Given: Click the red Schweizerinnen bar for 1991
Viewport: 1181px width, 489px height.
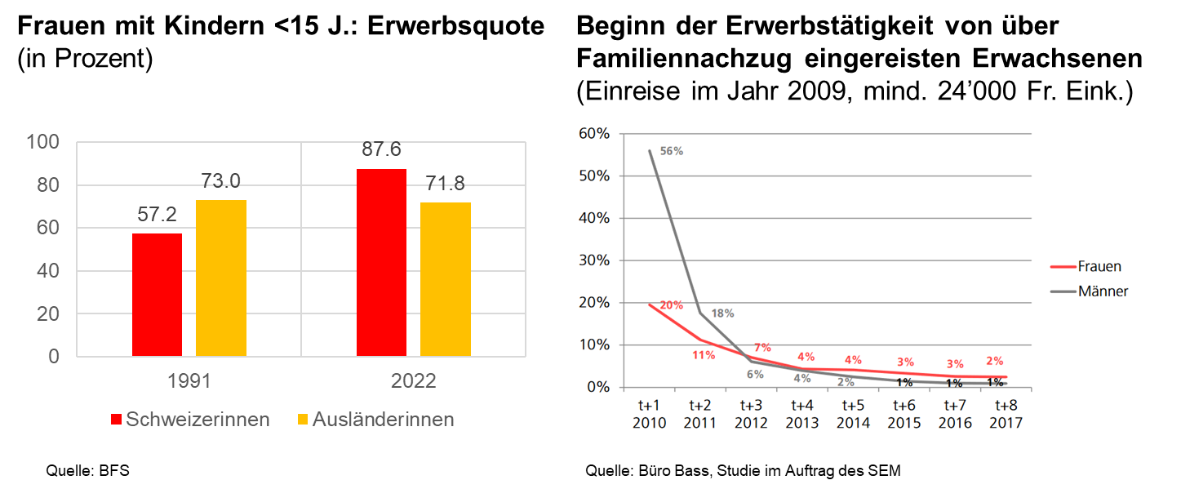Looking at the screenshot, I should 157,295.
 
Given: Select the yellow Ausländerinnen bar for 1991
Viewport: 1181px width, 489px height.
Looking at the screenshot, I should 220,278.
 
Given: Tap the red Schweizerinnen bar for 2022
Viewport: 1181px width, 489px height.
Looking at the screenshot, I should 381,262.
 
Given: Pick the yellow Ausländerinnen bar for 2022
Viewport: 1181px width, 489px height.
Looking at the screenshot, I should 445,278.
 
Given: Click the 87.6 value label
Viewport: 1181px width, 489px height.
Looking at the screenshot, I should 381,150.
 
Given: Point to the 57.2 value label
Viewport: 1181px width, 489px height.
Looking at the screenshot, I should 157,215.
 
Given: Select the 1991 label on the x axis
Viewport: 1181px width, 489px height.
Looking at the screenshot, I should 189,381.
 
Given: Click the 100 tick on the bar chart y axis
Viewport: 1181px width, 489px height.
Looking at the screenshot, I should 43,142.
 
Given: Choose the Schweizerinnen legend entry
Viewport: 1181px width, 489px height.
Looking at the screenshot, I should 189,420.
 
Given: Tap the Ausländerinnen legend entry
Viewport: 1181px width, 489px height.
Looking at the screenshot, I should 375,420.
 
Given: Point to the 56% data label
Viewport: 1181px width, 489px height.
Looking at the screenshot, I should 671,151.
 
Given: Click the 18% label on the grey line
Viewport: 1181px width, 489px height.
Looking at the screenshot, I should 722,313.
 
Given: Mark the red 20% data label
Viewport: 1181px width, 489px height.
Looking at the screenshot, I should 671,305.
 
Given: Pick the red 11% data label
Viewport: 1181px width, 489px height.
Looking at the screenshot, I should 704,355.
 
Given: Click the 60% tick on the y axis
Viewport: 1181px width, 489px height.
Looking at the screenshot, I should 594,133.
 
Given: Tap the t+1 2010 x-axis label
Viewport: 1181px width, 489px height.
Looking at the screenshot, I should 650,414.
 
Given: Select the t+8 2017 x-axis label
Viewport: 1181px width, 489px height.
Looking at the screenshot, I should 1006,414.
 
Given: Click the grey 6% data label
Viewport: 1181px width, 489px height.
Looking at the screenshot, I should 754,375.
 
